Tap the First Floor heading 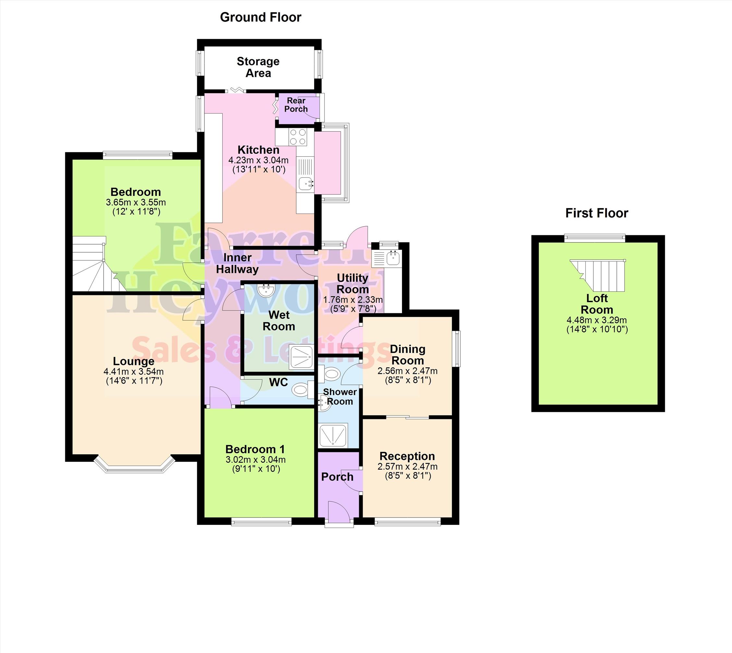tap(597, 213)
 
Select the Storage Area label tap(258, 67)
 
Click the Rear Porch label tap(296, 105)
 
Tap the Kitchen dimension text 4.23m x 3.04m tap(259, 160)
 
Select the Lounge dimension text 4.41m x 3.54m tap(133, 371)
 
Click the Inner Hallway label tap(237, 263)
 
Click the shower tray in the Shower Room tap(333, 436)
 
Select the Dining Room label tap(408, 354)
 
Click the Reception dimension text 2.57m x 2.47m tap(408, 466)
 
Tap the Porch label tap(337, 477)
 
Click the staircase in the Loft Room tap(598, 275)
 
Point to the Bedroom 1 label tap(255, 449)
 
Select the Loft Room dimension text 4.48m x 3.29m tap(597, 320)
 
